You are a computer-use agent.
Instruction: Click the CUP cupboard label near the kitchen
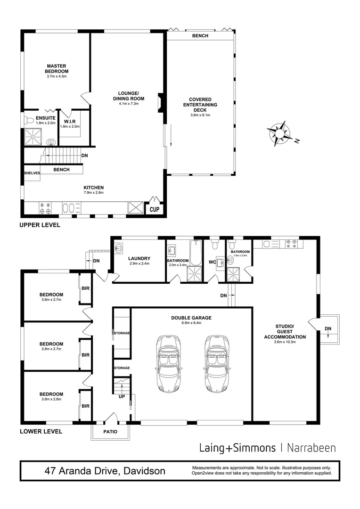pyautogui.click(x=154, y=209)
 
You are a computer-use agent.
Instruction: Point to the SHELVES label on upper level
pyautogui.click(x=32, y=173)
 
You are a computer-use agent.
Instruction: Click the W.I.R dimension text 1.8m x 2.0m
pyautogui.click(x=70, y=126)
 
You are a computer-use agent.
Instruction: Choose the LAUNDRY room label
pyautogui.click(x=139, y=258)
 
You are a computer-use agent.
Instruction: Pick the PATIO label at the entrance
pyautogui.click(x=110, y=432)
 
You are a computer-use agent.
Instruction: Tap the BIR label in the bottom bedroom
pyautogui.click(x=86, y=406)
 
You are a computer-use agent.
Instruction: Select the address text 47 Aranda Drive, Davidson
pyautogui.click(x=105, y=471)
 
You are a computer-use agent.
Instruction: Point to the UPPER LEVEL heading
pyautogui.click(x=40, y=225)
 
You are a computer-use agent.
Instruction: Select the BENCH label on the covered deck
pyautogui.click(x=200, y=36)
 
